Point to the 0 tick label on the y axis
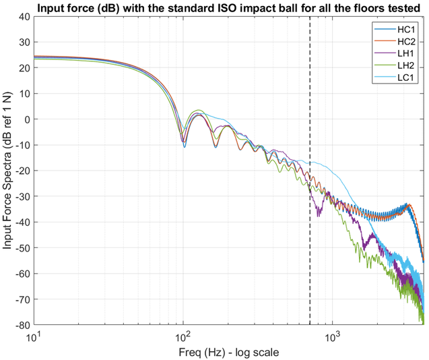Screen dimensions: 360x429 pyautogui.click(x=26, y=119)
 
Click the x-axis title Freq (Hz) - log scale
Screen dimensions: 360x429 pyautogui.click(x=229, y=351)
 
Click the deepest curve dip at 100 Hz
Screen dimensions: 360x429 pyautogui.click(x=184, y=146)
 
